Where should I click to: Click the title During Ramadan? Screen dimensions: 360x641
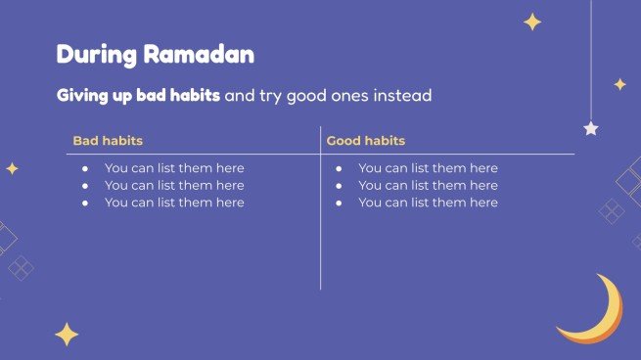155,55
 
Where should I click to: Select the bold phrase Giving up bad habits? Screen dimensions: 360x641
138,97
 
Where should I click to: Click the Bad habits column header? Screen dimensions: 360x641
108,141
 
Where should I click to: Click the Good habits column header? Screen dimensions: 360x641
365,141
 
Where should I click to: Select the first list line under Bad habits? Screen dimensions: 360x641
173,168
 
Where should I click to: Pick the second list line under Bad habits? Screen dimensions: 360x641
173,185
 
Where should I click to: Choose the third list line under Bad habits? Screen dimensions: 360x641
173,202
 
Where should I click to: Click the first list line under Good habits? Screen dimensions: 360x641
428,168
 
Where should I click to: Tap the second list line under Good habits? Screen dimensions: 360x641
428,185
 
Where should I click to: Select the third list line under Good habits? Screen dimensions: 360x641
428,202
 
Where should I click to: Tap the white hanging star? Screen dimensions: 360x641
591,128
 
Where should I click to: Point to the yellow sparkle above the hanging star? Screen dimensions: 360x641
619,84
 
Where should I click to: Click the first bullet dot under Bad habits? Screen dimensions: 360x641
86,168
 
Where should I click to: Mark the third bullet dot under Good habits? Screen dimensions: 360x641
340,202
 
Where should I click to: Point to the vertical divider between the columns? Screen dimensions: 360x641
320,235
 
